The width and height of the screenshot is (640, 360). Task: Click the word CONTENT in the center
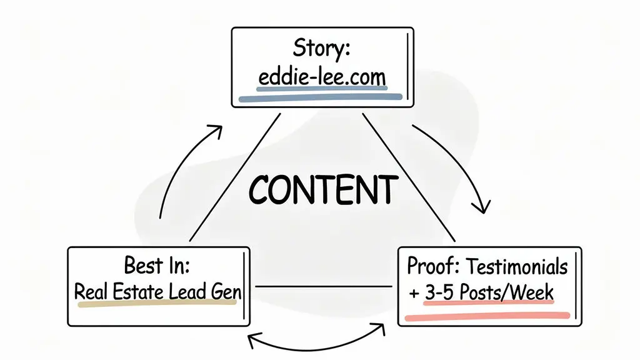pos(323,188)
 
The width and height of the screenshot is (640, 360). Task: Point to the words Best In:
pos(157,265)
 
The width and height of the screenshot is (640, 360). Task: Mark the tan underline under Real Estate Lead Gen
pos(156,304)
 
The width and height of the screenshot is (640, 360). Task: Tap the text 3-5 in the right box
pos(441,292)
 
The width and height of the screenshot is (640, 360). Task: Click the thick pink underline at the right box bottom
pos(487,316)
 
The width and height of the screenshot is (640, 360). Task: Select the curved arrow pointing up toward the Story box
pos(181,169)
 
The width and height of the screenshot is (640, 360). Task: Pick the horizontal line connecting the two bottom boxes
pos(324,286)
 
